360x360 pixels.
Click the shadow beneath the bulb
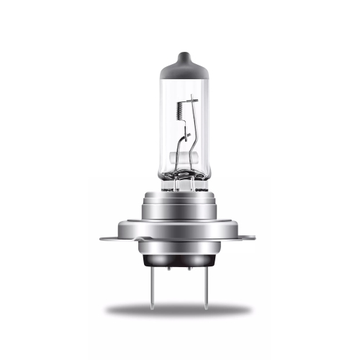(x=180, y=310)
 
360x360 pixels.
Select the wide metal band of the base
(x=180, y=220)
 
